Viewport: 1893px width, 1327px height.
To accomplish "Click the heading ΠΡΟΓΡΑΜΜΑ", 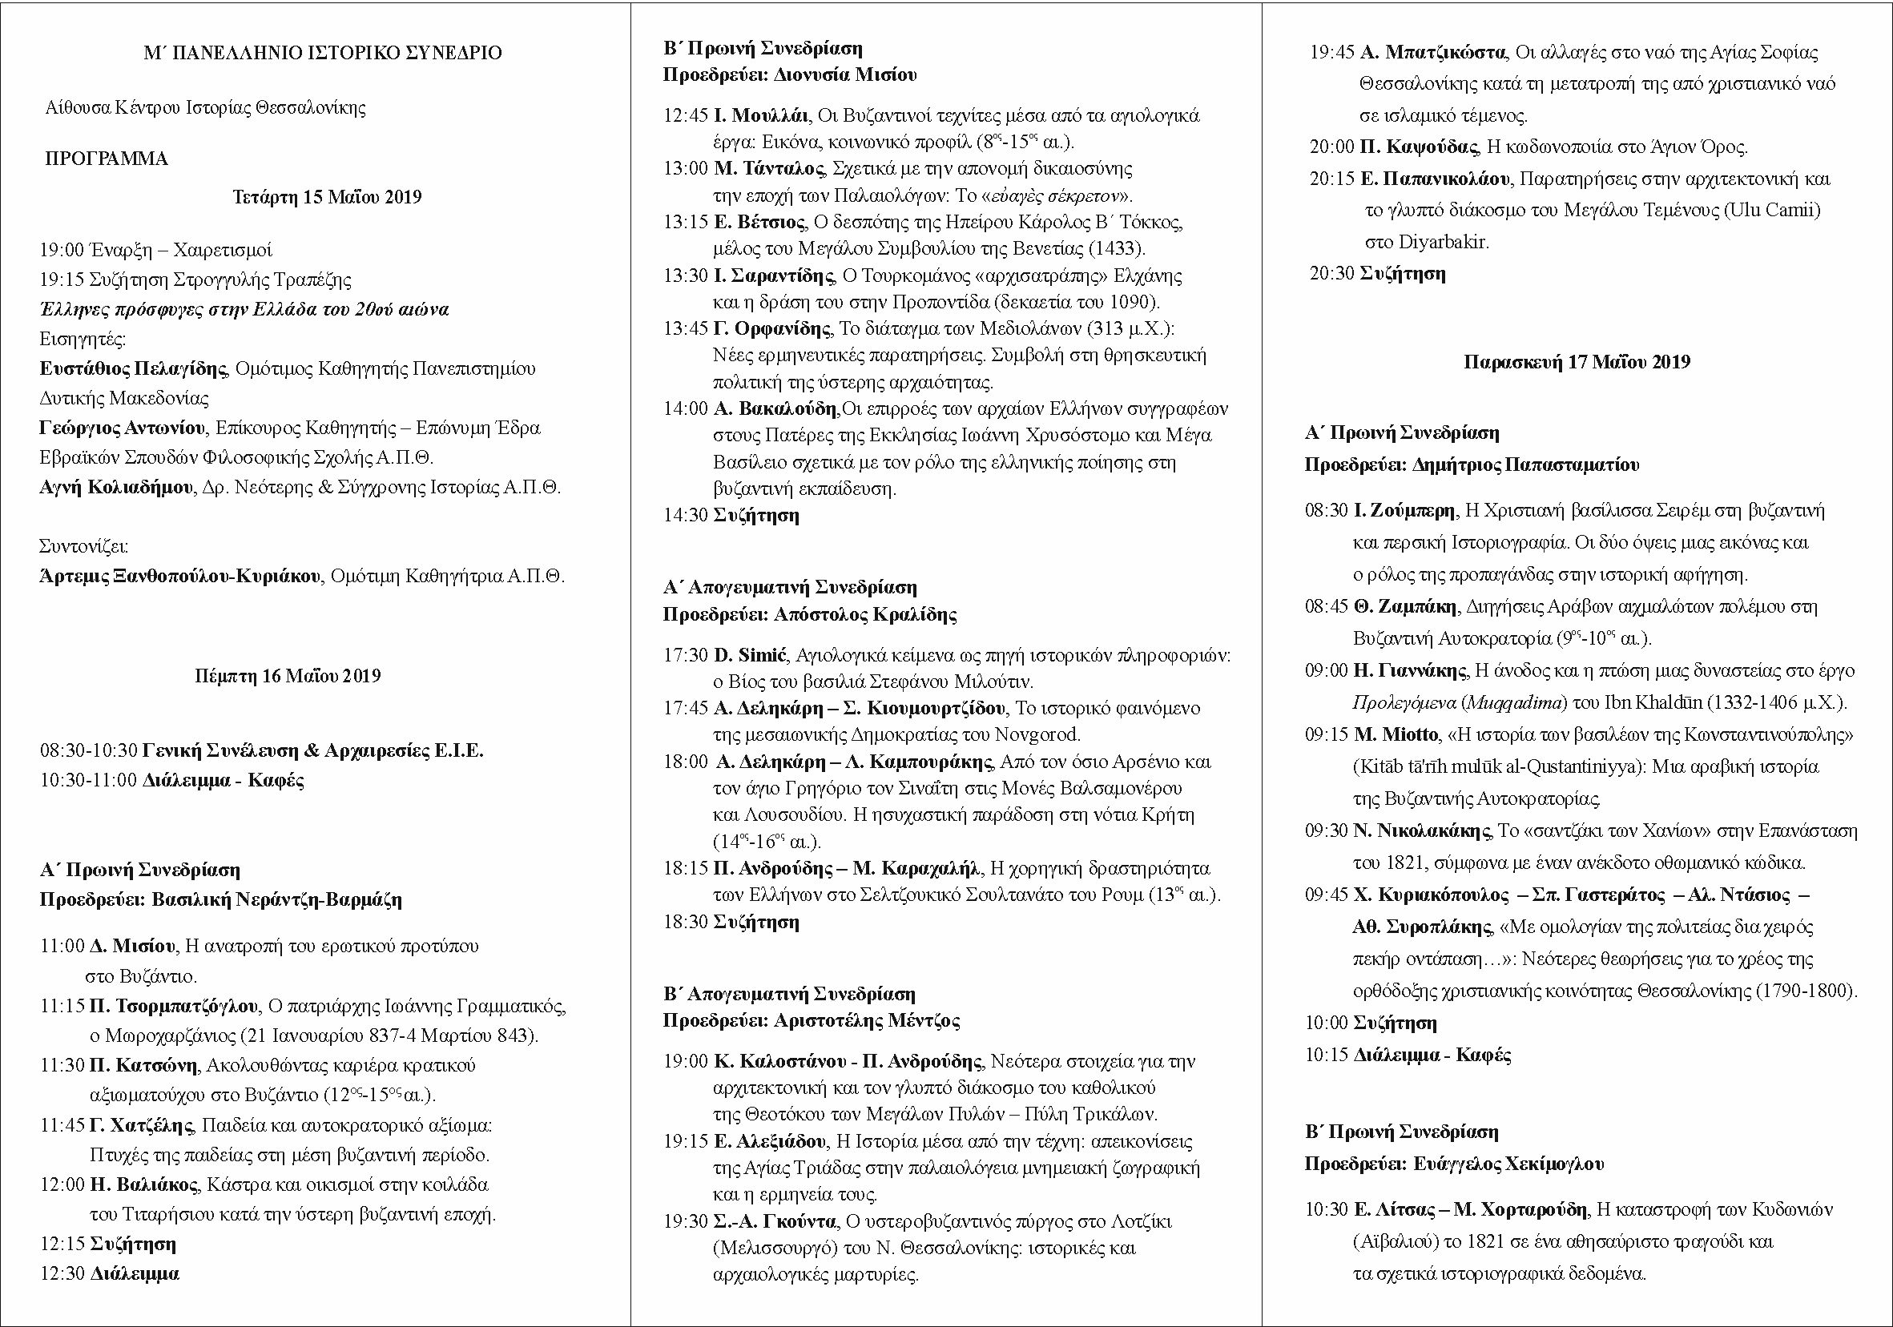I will [107, 159].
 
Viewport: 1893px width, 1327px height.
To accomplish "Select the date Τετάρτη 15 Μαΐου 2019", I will [327, 198].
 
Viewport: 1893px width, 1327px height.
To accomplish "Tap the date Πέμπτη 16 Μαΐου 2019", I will [288, 677].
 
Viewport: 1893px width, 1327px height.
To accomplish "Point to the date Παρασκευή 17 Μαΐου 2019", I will [1577, 363].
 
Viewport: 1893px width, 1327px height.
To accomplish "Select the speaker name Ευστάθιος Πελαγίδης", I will [133, 369].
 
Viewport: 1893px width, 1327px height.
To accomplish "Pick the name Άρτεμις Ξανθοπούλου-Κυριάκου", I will [179, 576].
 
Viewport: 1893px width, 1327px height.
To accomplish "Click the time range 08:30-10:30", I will [88, 751].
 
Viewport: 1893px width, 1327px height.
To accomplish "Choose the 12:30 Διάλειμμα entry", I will [110, 1273].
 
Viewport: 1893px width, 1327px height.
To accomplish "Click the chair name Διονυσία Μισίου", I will [845, 76].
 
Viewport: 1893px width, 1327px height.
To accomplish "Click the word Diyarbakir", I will [1444, 243].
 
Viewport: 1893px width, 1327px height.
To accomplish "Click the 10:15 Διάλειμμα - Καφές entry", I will [1408, 1056].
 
